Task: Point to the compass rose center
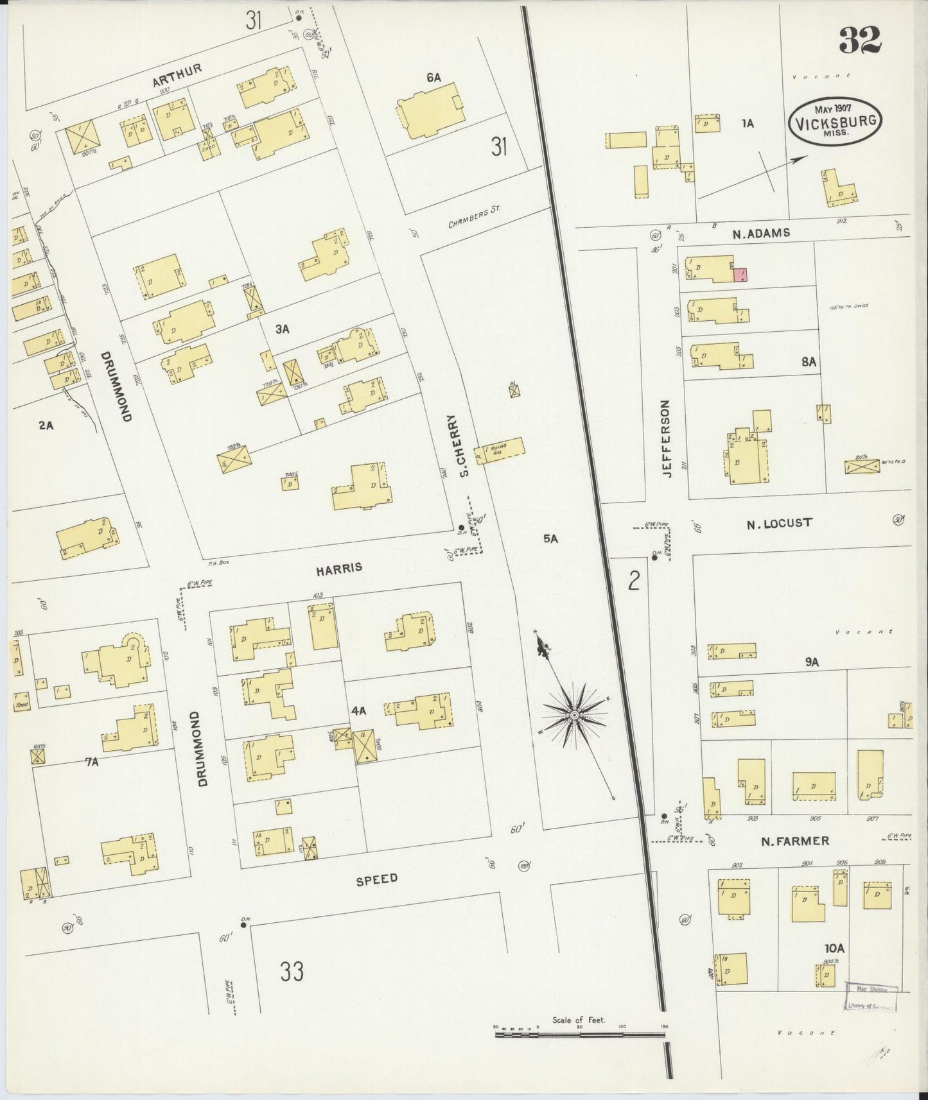pyautogui.click(x=573, y=714)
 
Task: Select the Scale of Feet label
pyautogui.click(x=578, y=1020)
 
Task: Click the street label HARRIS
pyautogui.click(x=339, y=568)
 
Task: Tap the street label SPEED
pyautogui.click(x=377, y=879)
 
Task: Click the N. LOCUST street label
pyautogui.click(x=778, y=523)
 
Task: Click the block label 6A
pyautogui.click(x=433, y=78)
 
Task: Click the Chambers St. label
pyautogui.click(x=474, y=218)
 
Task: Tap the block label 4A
pyautogui.click(x=357, y=710)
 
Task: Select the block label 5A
pyautogui.click(x=550, y=539)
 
